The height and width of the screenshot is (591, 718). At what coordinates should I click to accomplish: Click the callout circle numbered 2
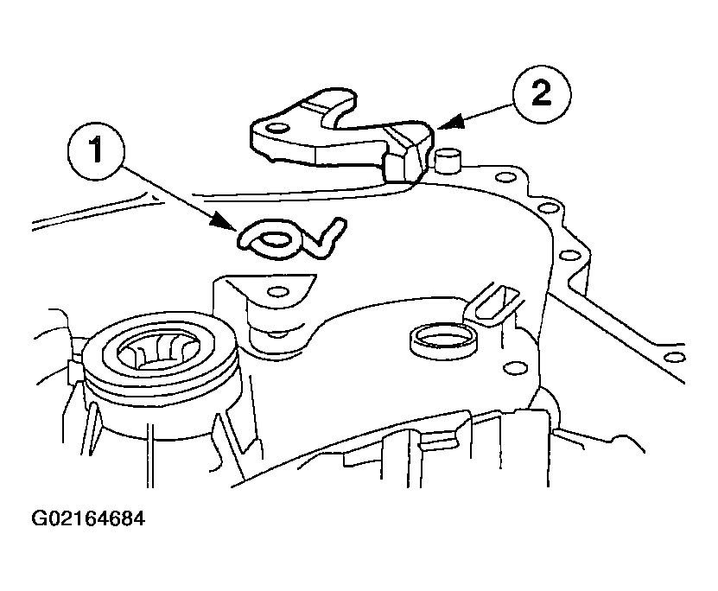pyautogui.click(x=542, y=94)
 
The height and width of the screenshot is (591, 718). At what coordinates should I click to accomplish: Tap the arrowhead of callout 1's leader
pyautogui.click(x=225, y=222)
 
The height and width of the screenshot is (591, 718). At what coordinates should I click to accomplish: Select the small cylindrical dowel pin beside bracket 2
pyautogui.click(x=447, y=160)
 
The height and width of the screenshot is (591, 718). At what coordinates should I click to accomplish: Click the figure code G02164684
pyautogui.click(x=88, y=518)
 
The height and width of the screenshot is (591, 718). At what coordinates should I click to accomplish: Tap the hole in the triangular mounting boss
pyautogui.click(x=278, y=291)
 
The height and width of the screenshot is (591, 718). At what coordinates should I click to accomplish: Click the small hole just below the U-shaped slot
pyautogui.click(x=511, y=368)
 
